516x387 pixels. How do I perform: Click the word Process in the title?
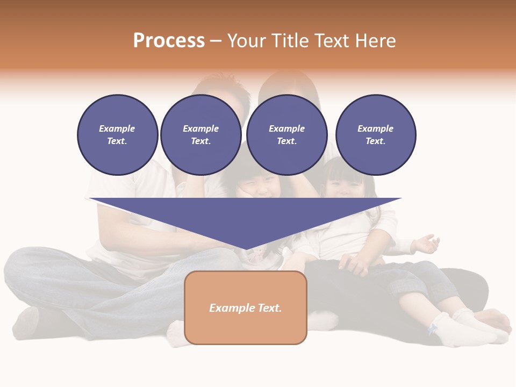pyautogui.click(x=169, y=41)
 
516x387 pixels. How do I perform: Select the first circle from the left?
pyautogui.click(x=117, y=135)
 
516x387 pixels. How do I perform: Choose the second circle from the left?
pyautogui.click(x=200, y=135)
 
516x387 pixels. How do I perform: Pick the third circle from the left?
pyautogui.click(x=286, y=135)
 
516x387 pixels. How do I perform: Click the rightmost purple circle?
pyautogui.click(x=376, y=135)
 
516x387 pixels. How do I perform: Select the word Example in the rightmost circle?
pyautogui.click(x=375, y=128)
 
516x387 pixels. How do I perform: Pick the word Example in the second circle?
pyautogui.click(x=200, y=128)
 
